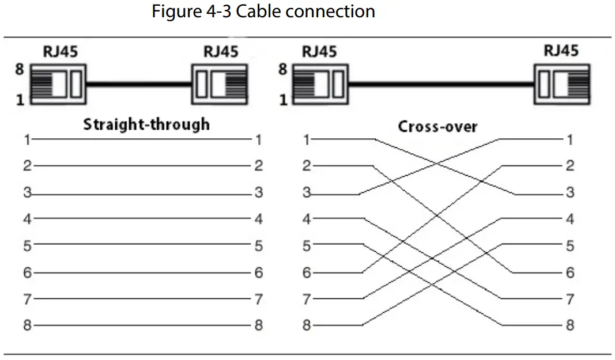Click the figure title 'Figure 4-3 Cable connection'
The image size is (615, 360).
point(263,12)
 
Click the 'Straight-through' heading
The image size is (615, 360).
point(146,124)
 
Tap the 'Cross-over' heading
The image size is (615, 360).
point(437,126)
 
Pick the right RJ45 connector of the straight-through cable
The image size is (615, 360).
point(220,85)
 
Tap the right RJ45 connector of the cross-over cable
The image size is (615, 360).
point(562,85)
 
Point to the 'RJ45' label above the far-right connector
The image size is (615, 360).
point(561,51)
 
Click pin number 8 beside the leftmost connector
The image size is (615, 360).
point(20,69)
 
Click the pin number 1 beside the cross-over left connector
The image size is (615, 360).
point(282,100)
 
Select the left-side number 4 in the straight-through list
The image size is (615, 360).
point(27,219)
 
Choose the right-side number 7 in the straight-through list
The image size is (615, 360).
point(259,299)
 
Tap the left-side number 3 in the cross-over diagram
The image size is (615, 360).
point(307,193)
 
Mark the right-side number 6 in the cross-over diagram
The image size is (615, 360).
point(569,272)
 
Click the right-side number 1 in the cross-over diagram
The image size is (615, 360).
point(569,139)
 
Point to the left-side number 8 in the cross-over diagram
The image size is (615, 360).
point(307,325)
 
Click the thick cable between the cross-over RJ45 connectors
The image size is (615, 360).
point(441,85)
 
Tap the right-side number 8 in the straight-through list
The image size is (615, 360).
point(259,325)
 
